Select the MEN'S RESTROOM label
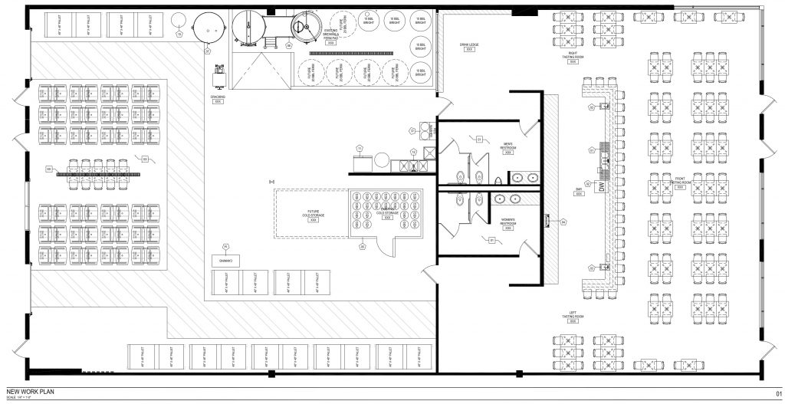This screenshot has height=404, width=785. (507, 146)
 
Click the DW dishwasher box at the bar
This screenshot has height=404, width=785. (602, 186)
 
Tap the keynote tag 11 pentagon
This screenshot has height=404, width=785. (359, 148)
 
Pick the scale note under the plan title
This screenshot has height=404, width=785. (20, 396)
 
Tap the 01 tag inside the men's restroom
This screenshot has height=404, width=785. (478, 140)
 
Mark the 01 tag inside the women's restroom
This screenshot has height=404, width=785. (491, 240)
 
